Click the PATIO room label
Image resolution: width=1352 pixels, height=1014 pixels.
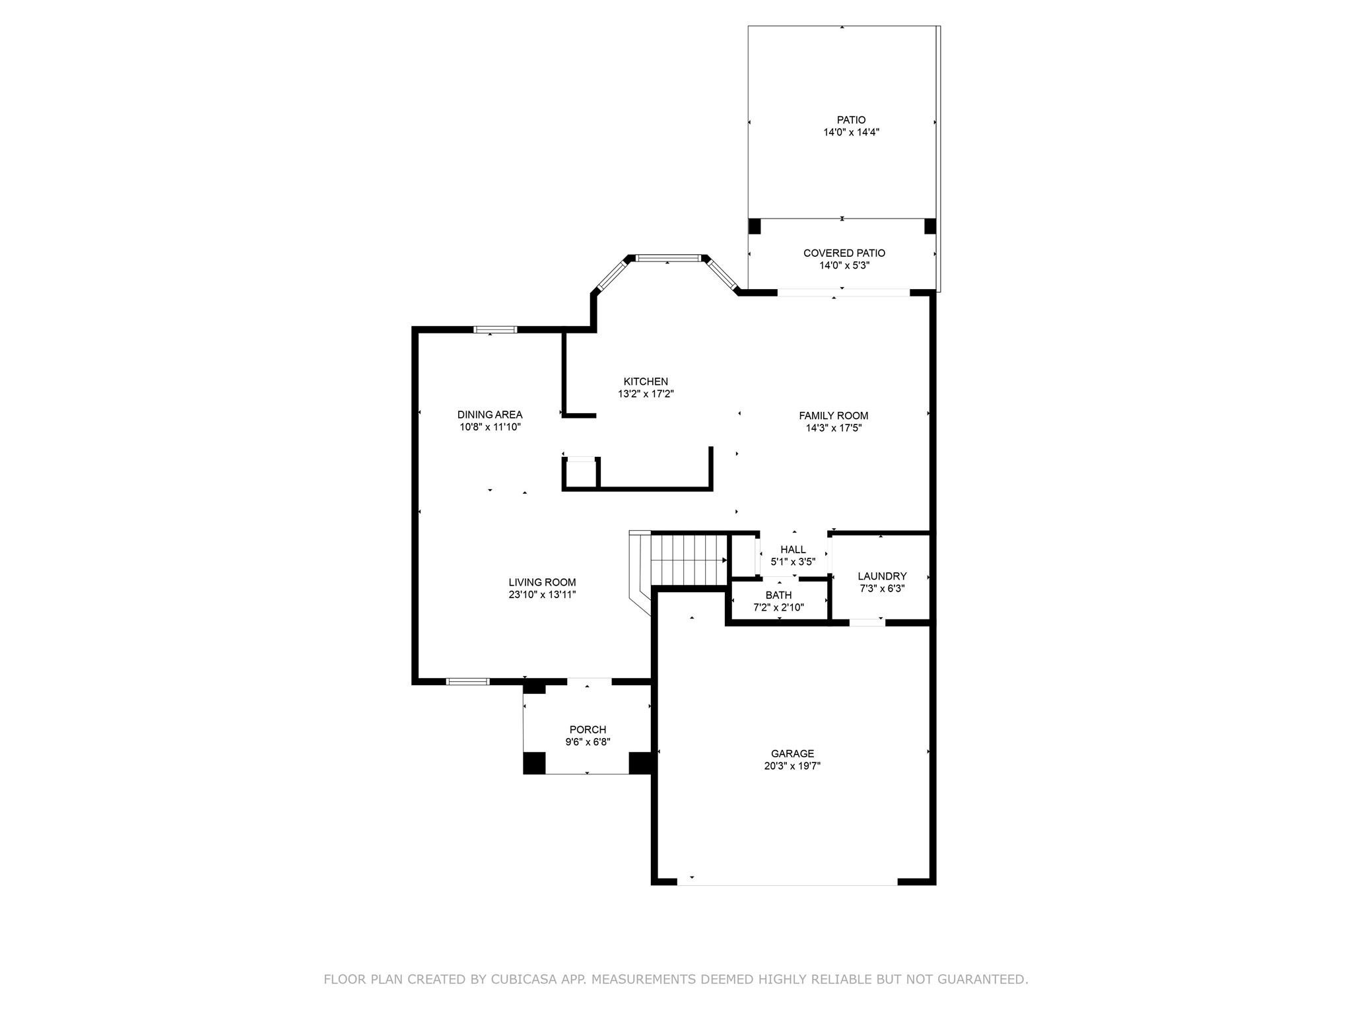(x=851, y=120)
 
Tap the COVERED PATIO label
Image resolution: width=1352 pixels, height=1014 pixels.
(x=844, y=253)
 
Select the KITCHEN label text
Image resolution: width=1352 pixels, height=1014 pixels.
(x=646, y=382)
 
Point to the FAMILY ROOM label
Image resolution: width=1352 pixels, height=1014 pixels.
(x=833, y=416)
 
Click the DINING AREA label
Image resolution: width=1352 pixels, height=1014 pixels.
(x=490, y=415)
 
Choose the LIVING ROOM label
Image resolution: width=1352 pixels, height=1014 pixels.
(x=542, y=582)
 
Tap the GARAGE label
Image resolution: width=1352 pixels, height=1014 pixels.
(x=792, y=754)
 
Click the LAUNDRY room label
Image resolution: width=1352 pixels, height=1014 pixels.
(x=882, y=576)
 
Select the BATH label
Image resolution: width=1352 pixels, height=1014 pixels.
(x=778, y=595)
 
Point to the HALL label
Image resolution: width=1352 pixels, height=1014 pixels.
(x=793, y=549)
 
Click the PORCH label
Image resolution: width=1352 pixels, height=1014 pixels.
(x=588, y=729)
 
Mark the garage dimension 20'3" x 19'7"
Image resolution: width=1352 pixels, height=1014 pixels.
(x=792, y=766)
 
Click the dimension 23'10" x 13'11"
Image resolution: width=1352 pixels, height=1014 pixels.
(x=542, y=595)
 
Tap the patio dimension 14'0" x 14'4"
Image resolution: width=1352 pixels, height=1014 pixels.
(x=851, y=132)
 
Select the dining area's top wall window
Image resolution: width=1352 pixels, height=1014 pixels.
(x=496, y=329)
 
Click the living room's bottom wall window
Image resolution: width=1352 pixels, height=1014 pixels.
(x=468, y=681)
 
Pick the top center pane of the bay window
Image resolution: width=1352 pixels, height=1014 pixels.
(x=667, y=258)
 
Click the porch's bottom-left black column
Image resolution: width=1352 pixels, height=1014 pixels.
(x=535, y=762)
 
